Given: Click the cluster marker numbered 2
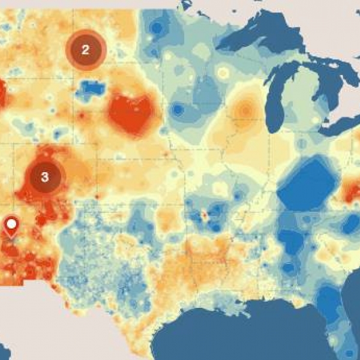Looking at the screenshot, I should click(85, 50).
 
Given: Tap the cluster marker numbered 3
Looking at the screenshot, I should click(44, 176).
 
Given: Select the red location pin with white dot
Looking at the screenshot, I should click(11, 227).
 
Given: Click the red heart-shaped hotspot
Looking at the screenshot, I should click(131, 112).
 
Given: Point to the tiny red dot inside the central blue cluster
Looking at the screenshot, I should click(204, 214).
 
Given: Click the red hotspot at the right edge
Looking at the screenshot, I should click(351, 192).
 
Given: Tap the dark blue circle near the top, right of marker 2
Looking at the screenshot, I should click(157, 28).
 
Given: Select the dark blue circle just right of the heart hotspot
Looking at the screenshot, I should click(178, 110).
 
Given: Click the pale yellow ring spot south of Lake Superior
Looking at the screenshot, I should click(223, 73).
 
